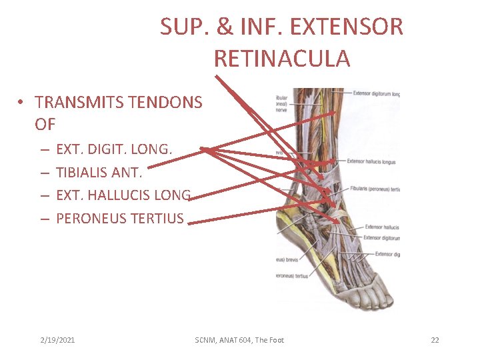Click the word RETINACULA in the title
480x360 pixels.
coord(281,59)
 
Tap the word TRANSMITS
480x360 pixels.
coord(75,102)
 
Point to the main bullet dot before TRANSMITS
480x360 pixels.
coord(22,103)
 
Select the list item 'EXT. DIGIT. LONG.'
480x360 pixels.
coord(114,149)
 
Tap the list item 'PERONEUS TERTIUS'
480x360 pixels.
coord(120,218)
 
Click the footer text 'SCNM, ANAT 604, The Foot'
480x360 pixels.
coord(239,340)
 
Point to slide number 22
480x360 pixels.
coord(435,340)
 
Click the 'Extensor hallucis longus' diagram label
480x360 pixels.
coord(371,161)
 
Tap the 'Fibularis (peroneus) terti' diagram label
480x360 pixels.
coord(373,189)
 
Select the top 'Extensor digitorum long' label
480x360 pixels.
coord(376,94)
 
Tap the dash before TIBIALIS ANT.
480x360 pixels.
coord(43,173)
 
